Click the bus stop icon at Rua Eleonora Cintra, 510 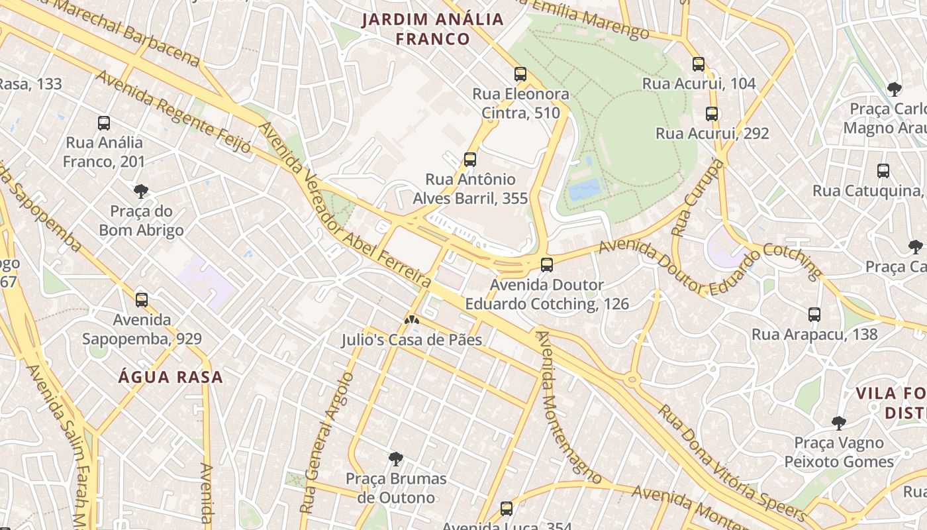pyautogui.click(x=520, y=74)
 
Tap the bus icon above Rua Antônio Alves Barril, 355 pyautogui.click(x=470, y=159)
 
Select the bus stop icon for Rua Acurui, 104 pyautogui.click(x=699, y=64)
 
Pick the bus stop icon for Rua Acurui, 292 pyautogui.click(x=712, y=113)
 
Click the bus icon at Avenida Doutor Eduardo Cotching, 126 pyautogui.click(x=547, y=265)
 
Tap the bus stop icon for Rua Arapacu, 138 pyautogui.click(x=814, y=315)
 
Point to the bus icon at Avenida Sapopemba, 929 pyautogui.click(x=142, y=299)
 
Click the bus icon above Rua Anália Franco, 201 pyautogui.click(x=104, y=123)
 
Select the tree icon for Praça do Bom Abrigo pyautogui.click(x=140, y=191)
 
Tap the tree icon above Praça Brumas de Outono pyautogui.click(x=396, y=458)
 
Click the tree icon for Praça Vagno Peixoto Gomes pyautogui.click(x=839, y=423)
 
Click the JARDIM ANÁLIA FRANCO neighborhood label pyautogui.click(x=433, y=29)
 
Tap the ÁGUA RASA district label pyautogui.click(x=171, y=378)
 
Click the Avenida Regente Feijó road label pyautogui.click(x=173, y=113)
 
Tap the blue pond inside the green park pyautogui.click(x=585, y=189)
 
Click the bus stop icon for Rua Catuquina pyautogui.click(x=883, y=171)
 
